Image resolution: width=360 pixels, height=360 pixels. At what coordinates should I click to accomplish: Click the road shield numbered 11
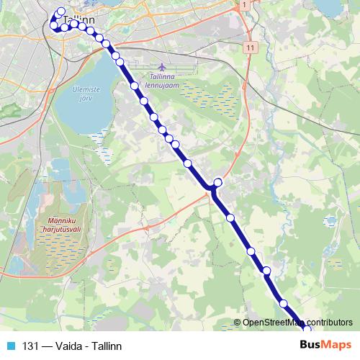250,47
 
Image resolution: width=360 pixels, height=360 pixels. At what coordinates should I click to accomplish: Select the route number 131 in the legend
30,345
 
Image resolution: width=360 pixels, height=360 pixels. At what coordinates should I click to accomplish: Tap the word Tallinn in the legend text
106,345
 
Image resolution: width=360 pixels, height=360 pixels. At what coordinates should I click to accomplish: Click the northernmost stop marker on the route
61,12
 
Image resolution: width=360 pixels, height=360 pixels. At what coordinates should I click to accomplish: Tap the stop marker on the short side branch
218,183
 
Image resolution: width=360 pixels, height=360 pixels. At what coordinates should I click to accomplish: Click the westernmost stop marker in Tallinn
53,24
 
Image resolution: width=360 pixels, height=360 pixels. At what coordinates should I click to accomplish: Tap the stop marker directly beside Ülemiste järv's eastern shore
116,56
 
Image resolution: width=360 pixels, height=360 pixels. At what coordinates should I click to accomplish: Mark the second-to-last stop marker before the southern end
284,303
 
